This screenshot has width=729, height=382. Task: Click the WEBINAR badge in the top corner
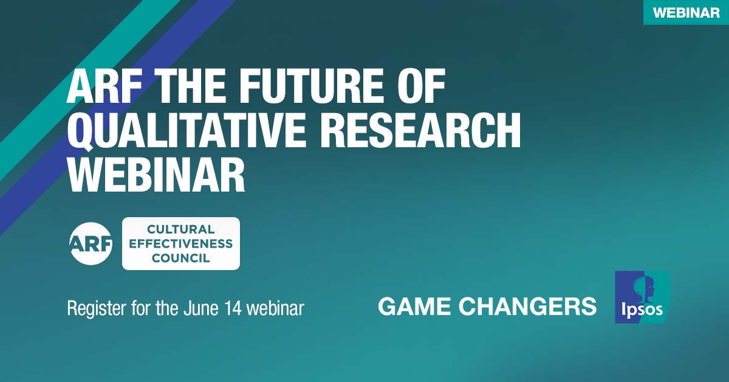[686, 13]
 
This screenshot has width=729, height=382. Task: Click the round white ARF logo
[92, 244]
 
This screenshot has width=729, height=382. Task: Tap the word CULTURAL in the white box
[181, 230]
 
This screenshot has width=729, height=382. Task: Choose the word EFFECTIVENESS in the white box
[181, 244]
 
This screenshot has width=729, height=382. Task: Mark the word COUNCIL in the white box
[181, 258]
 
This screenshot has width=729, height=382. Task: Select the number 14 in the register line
[233, 308]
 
